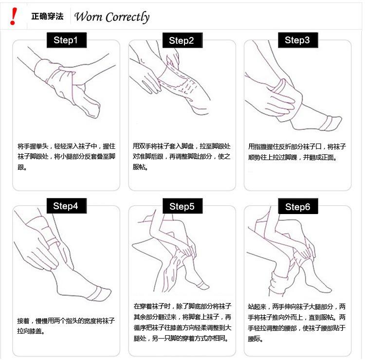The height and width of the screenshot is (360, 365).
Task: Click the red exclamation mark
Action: click(x=13, y=16)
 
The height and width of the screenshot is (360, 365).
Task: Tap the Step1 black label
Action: click(x=67, y=40)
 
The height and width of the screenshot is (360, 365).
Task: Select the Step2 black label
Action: click(x=182, y=40)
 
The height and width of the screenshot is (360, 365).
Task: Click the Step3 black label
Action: click(x=298, y=40)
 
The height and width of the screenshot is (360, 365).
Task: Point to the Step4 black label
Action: click(x=67, y=206)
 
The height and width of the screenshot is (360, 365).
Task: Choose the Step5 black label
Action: click(x=182, y=206)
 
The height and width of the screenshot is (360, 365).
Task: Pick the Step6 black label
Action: click(x=298, y=206)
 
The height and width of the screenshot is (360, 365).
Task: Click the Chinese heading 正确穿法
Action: click(x=47, y=16)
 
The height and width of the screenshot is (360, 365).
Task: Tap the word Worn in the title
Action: click(x=88, y=17)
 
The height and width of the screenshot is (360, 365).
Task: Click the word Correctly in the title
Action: click(x=128, y=17)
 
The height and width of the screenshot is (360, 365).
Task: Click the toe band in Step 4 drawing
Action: click(x=97, y=294)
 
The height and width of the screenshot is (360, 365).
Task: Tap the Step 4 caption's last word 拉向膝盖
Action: click(x=30, y=331)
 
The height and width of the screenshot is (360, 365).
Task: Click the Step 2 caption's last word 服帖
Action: click(x=139, y=167)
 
